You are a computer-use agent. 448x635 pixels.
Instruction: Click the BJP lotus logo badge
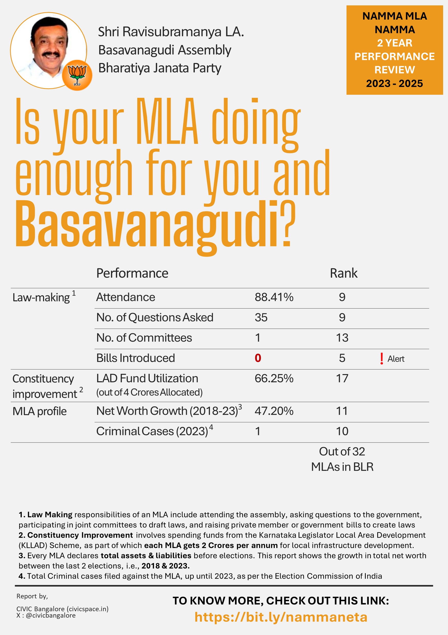tap(77, 75)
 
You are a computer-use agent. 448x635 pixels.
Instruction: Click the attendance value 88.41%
tap(274, 297)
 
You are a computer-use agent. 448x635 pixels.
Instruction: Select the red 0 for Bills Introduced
tap(258, 358)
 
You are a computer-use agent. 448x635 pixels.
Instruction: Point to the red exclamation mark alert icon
tap(382, 359)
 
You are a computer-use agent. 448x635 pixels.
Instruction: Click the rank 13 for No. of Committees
tap(342, 338)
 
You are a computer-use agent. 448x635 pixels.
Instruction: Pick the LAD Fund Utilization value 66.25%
tap(274, 379)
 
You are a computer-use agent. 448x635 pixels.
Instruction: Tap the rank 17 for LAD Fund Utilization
tap(342, 379)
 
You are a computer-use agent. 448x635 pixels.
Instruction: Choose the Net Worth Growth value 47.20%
tap(274, 411)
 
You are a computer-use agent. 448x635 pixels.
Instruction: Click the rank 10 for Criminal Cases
tap(342, 431)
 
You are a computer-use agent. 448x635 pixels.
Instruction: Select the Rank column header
tap(344, 273)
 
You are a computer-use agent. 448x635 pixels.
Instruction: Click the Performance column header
tap(132, 273)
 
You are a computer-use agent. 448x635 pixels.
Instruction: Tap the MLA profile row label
tap(39, 411)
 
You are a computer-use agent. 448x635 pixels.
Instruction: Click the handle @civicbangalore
tap(51, 615)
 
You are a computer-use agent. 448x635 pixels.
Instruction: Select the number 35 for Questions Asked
tap(261, 317)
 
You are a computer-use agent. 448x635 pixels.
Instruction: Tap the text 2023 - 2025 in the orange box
tap(394, 83)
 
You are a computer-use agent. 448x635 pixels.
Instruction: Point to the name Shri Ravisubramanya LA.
tap(171, 32)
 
